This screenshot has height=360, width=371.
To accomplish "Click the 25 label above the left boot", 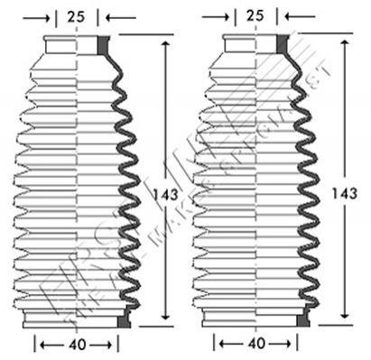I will pos(77,15).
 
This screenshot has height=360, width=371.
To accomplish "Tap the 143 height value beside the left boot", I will pos(165,193).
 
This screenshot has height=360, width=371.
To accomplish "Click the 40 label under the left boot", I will pos(77,344).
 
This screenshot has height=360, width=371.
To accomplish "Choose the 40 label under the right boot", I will pos(257,344).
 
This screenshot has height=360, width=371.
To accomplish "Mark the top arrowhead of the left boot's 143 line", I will pos(165,44).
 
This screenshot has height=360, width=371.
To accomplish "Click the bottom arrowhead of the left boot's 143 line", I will pos(165,315).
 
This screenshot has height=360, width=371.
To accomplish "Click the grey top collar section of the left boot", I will pos(102,45).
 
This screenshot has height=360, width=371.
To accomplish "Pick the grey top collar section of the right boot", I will pos(283,45).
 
